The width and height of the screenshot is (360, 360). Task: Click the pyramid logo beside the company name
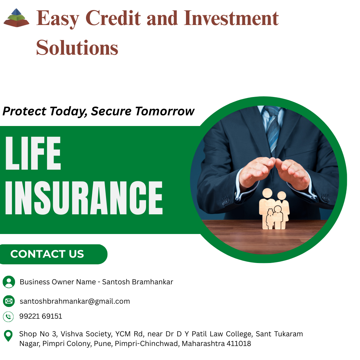coord(17,18)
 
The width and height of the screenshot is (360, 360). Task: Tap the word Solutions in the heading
coord(77,48)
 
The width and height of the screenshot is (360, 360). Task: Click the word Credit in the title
coord(113,18)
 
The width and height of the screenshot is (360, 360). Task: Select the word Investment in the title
coord(231,18)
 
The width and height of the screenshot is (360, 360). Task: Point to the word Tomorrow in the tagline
coord(165,111)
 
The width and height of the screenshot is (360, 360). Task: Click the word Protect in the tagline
coord(25,111)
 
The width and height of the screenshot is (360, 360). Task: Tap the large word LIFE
coord(33,153)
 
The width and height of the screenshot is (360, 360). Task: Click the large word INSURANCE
coord(84,198)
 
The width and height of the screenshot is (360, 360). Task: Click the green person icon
coord(9,282)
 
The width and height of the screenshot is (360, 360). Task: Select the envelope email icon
coord(9,301)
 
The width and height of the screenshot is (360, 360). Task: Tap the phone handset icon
coord(8,317)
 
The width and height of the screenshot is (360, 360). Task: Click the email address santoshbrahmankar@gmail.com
coord(75,301)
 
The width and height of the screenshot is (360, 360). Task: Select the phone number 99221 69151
coord(41,316)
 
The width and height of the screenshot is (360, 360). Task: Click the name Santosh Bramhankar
coord(138,282)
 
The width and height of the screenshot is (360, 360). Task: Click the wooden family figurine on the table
coord(274,209)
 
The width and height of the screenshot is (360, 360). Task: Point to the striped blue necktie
coord(273,129)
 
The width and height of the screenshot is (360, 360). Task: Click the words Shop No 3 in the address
coord(38,334)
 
